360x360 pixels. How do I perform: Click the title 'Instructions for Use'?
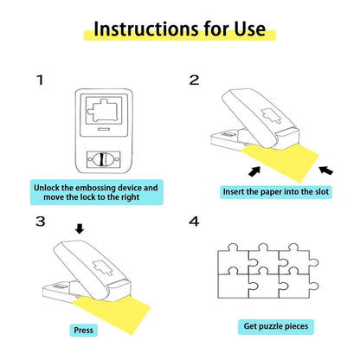(179, 29)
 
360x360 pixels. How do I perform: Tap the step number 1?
(39, 80)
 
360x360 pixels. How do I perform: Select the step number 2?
(195, 80)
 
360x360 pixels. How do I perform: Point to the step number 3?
(40, 222)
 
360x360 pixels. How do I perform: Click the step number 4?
(195, 222)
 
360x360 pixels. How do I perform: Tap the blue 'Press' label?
(84, 330)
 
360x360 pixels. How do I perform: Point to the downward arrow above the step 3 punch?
(80, 230)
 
